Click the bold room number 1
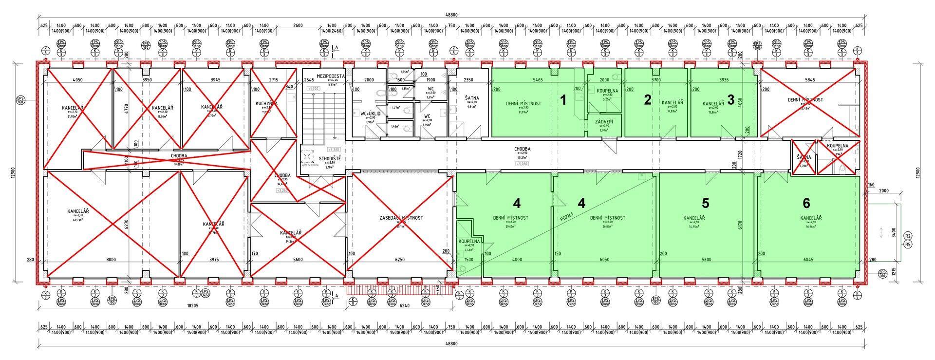point(563,101)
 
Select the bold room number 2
point(647,100)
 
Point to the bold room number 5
point(705,202)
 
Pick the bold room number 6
point(806,202)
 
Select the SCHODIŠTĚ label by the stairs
point(330,159)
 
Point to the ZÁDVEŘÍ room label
point(603,121)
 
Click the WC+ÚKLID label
point(370,113)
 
